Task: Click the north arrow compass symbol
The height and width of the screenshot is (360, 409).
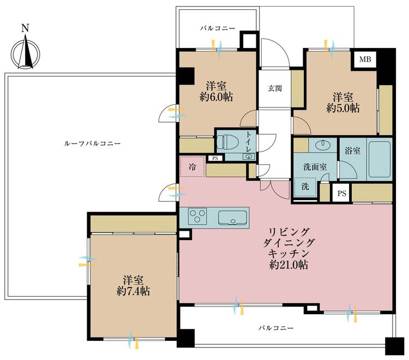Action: coord(25,52)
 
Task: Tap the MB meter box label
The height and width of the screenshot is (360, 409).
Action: coord(365,59)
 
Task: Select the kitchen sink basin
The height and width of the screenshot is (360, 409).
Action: coord(232,218)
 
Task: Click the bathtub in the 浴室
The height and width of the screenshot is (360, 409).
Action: coord(380,159)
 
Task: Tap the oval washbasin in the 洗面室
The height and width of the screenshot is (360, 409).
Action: coord(323,145)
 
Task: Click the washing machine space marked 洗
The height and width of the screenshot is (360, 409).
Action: coord(305,187)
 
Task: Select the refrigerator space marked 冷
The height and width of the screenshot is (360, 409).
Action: coord(193,167)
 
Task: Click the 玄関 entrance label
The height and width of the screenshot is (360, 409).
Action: coord(275,88)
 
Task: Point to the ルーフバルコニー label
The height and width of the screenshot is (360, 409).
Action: coord(92,143)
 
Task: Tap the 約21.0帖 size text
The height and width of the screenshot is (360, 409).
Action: coord(288,265)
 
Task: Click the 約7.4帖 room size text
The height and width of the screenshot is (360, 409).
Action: coord(133,291)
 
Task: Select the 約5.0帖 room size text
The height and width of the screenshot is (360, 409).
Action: coord(343,108)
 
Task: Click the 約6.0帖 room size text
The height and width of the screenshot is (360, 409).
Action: coord(216,97)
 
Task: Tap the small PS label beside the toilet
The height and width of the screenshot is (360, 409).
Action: coord(215,158)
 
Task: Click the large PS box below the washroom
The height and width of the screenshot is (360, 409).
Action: coord(342,193)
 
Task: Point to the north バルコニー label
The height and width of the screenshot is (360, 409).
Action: coord(218,28)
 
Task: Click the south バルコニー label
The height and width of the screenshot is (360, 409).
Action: coord(276,328)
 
